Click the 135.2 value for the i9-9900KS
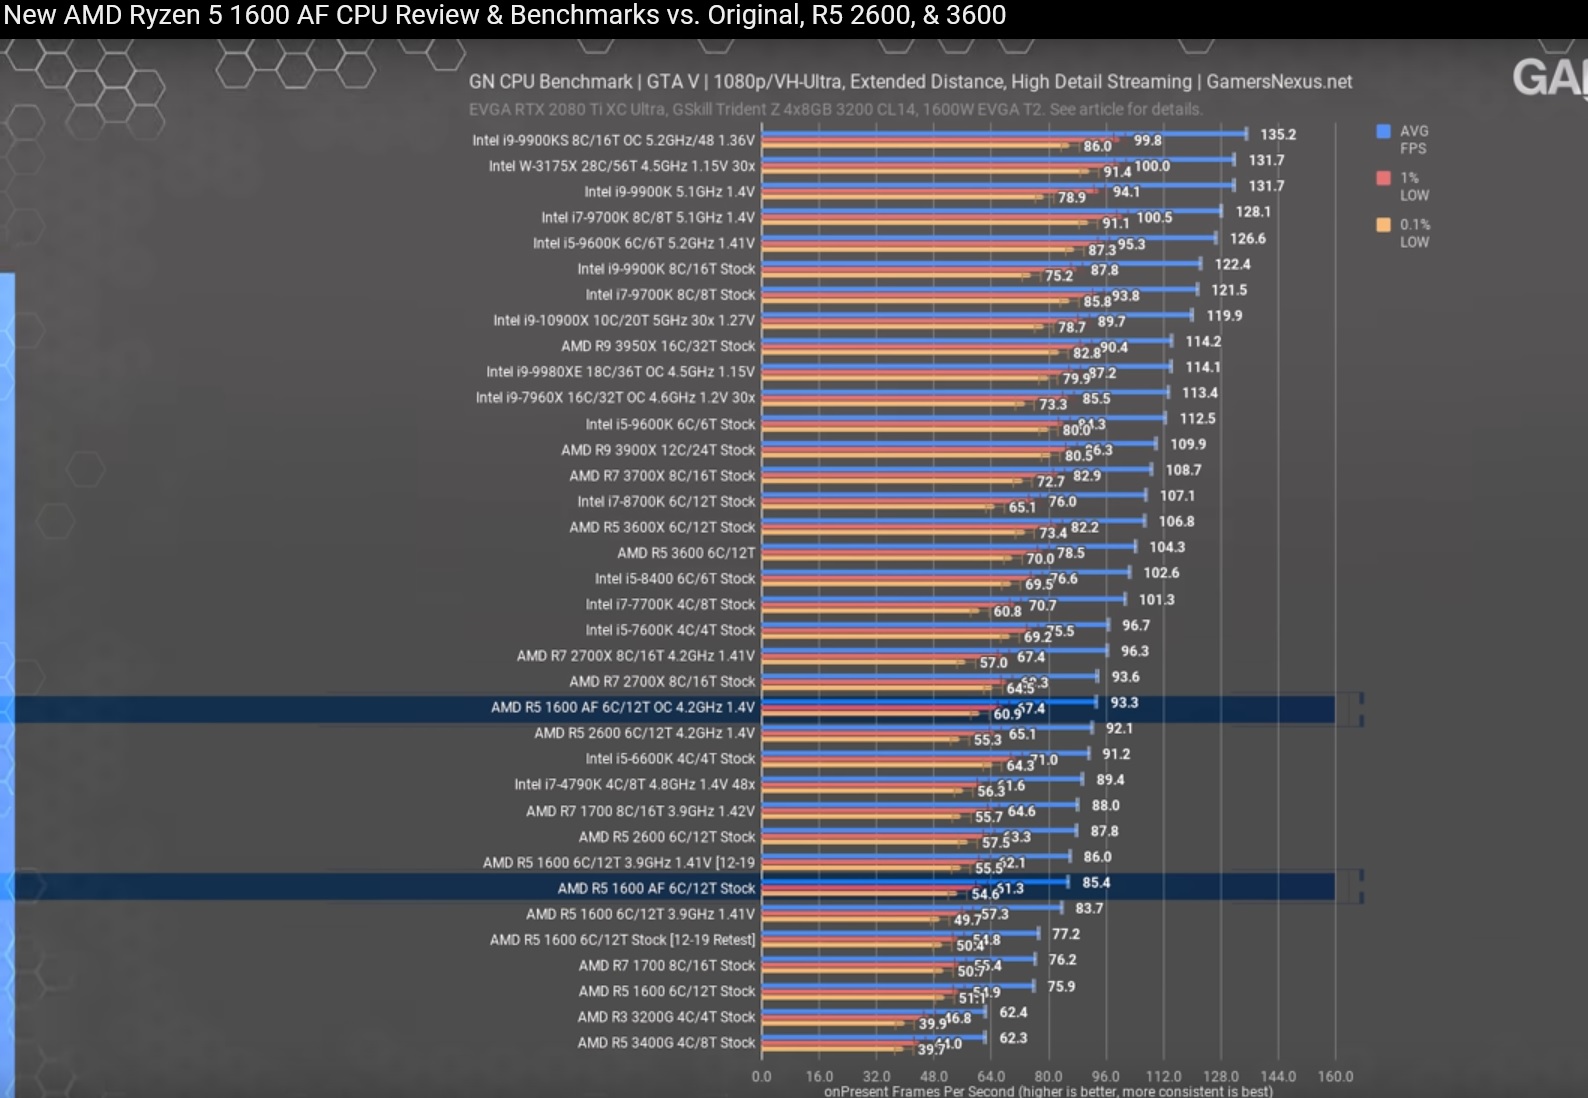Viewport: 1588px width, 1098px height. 1277,134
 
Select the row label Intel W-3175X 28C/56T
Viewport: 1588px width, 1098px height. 621,166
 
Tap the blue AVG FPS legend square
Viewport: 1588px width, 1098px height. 1384,131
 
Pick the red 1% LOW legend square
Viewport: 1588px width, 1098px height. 1384,178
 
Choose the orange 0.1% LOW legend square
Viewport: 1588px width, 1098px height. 1384,225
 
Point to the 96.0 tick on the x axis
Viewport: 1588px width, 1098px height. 1106,1076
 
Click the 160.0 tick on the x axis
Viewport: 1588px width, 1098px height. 1335,1076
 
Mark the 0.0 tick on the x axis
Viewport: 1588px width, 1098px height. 762,1076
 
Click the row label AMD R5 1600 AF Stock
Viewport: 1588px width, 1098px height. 656,888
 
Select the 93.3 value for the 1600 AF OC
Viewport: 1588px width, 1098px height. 1124,703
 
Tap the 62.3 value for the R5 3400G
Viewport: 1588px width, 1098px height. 1013,1038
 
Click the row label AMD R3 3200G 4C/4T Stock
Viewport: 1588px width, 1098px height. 666,1017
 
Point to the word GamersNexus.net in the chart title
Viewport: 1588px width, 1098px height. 1279,82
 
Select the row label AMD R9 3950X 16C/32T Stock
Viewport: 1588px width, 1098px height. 658,346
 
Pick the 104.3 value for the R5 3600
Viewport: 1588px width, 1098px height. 1166,547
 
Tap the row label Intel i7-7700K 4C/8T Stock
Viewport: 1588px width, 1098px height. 670,604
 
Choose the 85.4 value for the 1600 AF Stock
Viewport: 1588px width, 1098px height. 1096,883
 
